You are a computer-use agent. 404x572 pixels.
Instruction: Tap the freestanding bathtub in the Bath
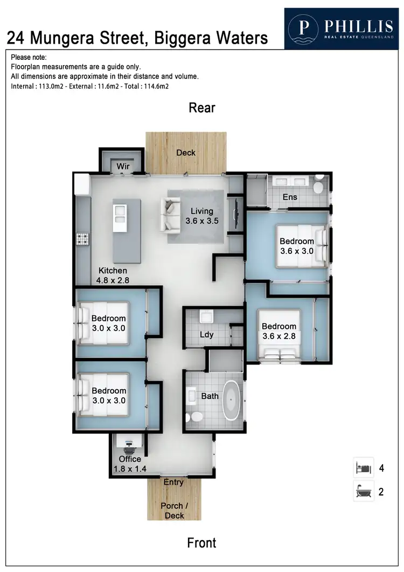(x=232, y=401)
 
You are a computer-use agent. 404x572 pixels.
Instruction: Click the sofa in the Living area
(x=171, y=214)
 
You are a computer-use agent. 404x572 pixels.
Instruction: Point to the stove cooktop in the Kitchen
(x=83, y=238)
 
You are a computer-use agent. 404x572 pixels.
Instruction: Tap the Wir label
(x=123, y=166)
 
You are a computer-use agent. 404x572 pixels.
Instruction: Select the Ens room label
(x=290, y=197)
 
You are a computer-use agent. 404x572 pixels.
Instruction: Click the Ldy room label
(x=207, y=334)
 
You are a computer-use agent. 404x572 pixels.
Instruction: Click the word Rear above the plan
(x=202, y=108)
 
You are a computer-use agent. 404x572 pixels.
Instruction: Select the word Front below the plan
(x=202, y=542)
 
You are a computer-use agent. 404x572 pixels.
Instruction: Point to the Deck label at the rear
(x=186, y=153)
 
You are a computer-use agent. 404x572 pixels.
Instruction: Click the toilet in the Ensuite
(x=318, y=185)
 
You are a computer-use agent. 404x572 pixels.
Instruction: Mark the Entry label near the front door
(x=174, y=482)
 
